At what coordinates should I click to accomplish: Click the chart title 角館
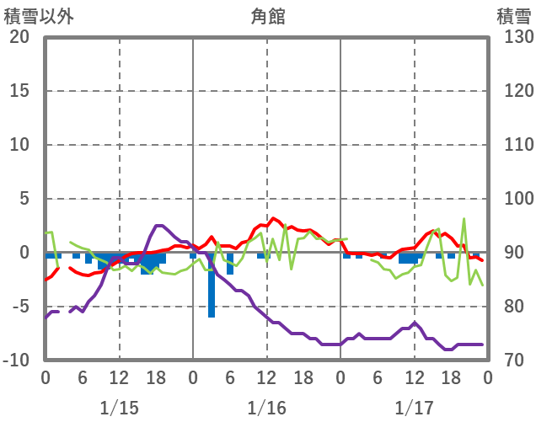267,16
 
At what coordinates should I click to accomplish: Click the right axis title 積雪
513,16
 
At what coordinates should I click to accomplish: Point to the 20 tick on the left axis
19,37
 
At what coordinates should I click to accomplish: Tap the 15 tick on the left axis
19,91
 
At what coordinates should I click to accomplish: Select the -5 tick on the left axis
19,307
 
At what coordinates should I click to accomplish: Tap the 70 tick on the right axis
512,361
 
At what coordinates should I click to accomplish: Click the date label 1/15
119,408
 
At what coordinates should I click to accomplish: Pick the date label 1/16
266,408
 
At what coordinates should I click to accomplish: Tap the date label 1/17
414,408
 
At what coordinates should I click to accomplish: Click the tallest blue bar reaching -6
212,286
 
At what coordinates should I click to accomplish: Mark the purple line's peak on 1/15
159,226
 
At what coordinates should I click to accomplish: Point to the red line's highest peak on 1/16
273,218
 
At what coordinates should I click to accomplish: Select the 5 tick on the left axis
24,199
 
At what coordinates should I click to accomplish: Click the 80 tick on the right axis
512,307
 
